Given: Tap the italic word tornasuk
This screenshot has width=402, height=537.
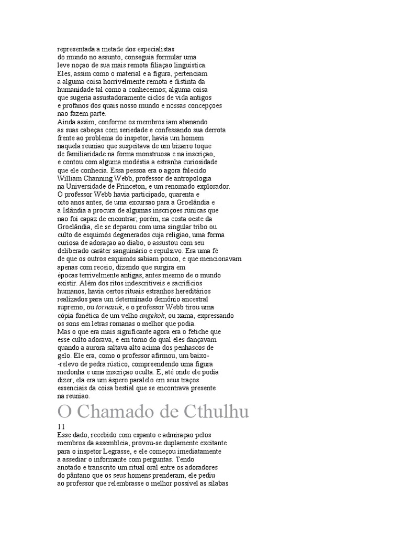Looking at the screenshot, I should click(110, 308).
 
